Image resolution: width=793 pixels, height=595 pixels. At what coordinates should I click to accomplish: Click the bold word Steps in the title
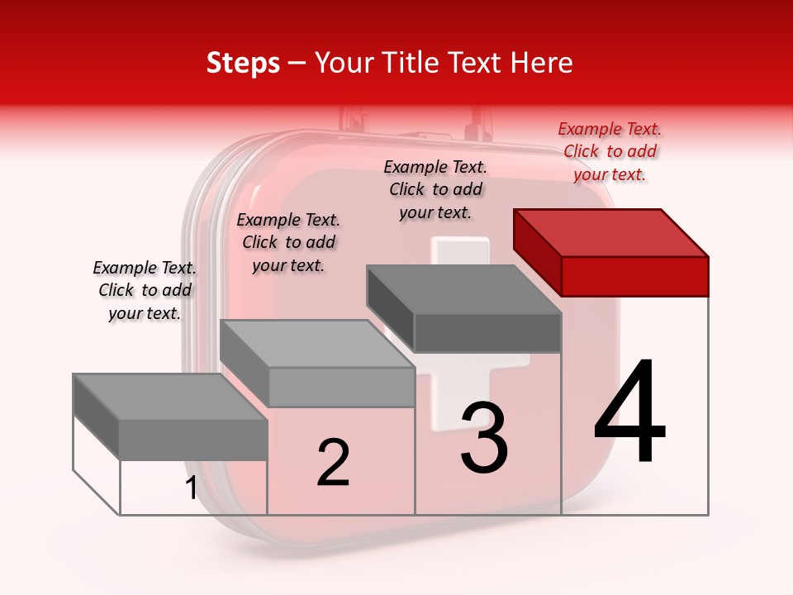pos(243,63)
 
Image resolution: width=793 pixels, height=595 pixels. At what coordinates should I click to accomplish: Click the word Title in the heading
pos(413,63)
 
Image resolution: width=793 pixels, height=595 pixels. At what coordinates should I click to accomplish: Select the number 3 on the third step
pos(484,438)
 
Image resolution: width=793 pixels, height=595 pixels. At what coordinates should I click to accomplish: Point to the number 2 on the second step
pos(333,462)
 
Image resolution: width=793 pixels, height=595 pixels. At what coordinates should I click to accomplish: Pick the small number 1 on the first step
pos(192,488)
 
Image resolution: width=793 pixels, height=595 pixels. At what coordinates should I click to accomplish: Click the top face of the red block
pos(610,232)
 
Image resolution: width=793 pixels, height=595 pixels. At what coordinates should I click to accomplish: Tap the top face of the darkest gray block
pos(463,289)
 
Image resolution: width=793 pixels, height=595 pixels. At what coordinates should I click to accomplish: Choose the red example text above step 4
pos(610,152)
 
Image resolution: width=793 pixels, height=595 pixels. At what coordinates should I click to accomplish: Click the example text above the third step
pos(435,189)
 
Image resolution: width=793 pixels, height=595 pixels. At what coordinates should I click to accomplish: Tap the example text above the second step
pos(288,242)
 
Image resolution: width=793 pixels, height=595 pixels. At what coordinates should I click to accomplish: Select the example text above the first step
pos(145,290)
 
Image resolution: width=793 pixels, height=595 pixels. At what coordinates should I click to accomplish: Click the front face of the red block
pos(634,276)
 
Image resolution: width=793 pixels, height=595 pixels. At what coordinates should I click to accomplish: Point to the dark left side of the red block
pos(537,252)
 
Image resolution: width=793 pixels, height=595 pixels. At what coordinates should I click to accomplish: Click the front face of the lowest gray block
pos(193,440)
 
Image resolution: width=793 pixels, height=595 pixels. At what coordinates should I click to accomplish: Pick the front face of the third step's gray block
pos(487,332)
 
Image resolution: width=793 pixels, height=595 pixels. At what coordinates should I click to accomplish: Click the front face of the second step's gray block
pos(341,387)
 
